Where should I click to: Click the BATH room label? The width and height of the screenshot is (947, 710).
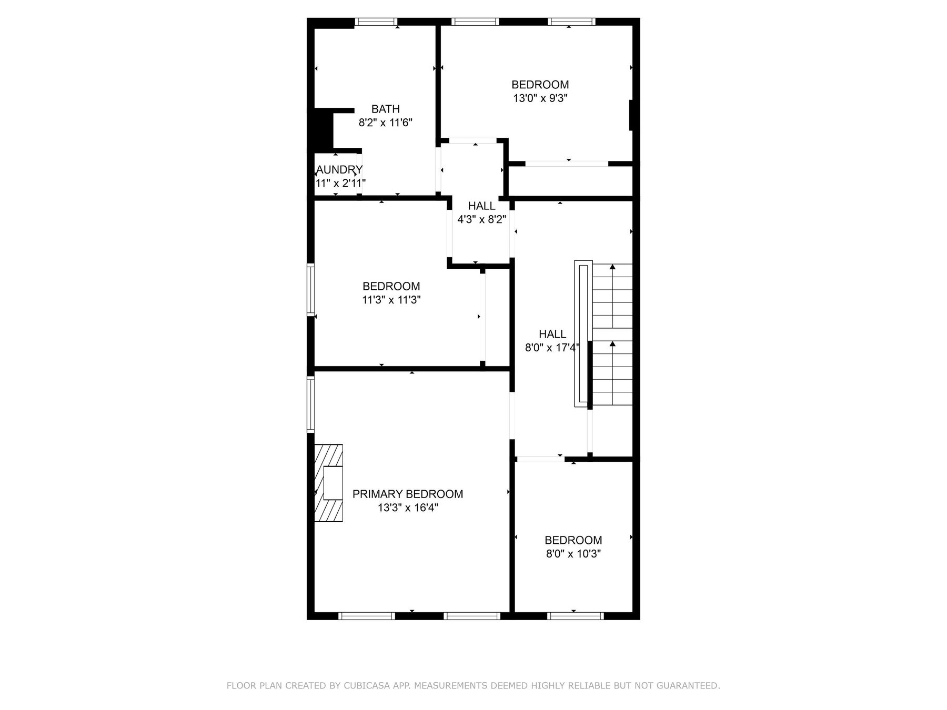(x=385, y=109)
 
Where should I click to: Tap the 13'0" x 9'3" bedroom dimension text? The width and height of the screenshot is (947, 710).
(x=540, y=98)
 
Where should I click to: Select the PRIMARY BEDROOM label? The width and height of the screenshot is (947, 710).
(x=407, y=494)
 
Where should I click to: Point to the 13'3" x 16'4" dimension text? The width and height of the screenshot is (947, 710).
(x=407, y=508)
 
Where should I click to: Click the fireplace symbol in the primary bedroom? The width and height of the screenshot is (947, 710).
(x=329, y=483)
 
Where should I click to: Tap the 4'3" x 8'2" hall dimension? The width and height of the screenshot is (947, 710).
(x=481, y=219)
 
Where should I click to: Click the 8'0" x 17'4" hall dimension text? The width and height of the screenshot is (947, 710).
(x=552, y=348)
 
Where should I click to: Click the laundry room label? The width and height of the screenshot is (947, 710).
(x=339, y=169)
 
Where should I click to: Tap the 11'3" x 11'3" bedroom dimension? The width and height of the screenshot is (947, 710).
(x=391, y=300)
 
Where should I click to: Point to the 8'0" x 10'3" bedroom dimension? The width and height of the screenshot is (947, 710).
(x=573, y=554)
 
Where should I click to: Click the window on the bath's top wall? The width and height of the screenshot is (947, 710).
(x=376, y=22)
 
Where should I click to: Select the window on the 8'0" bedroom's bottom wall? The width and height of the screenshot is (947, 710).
(x=575, y=616)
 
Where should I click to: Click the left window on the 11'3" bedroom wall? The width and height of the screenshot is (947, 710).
(x=311, y=290)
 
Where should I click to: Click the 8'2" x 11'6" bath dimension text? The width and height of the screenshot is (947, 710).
(x=385, y=123)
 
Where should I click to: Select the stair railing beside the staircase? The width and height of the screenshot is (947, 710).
(x=583, y=333)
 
